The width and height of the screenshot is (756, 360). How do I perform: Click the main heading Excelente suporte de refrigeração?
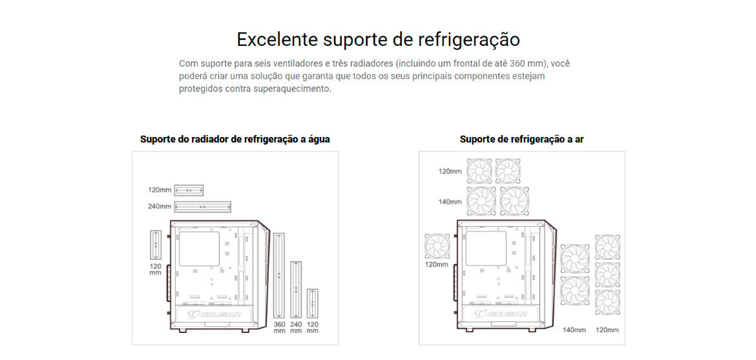coord(378,39)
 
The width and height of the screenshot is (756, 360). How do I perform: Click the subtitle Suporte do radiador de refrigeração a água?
coord(235,140)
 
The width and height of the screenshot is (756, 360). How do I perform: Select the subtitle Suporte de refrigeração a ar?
coord(522,140)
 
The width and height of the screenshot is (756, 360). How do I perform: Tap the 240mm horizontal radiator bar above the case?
coord(202,207)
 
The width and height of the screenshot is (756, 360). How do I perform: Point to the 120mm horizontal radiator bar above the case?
coord(189,190)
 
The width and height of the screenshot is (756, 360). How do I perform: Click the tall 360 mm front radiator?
coord(279,275)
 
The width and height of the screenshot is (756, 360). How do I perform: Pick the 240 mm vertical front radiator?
coord(296,290)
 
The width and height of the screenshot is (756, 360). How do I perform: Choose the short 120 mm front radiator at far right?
coord(313,304)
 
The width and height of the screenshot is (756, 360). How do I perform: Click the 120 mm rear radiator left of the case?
coord(156,245)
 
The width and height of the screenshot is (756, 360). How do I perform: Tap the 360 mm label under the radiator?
coord(280,327)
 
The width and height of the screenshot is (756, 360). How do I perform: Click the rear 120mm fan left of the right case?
coord(437,246)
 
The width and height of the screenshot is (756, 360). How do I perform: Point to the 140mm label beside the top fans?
coord(450,202)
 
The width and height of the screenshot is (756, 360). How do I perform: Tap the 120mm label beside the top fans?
coord(450,171)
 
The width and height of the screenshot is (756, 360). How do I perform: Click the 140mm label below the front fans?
coord(574,330)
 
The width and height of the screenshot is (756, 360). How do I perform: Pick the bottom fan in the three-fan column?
coord(607,302)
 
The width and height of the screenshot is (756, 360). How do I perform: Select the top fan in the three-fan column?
coord(607,247)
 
